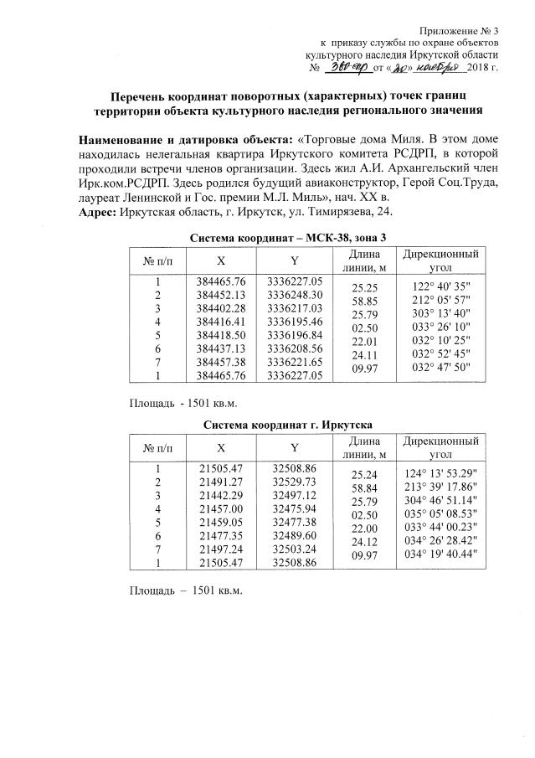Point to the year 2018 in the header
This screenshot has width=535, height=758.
tap(476, 68)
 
